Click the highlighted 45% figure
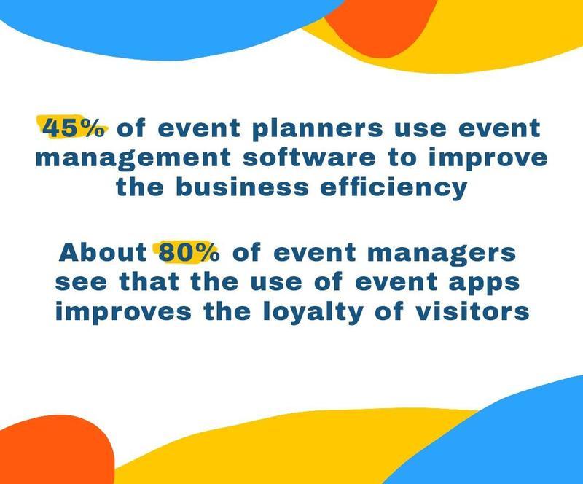pyautogui.click(x=74, y=128)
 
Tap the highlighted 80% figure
pyautogui.click(x=189, y=253)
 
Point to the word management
pyautogui.click(x=133, y=160)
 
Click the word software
pyautogui.click(x=309, y=157)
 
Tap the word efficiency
pyautogui.click(x=394, y=188)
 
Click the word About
pyautogui.click(x=103, y=253)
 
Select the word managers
pyautogui.click(x=442, y=254)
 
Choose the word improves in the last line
pyautogui.click(x=123, y=313)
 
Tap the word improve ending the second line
pyautogui.click(x=488, y=159)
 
